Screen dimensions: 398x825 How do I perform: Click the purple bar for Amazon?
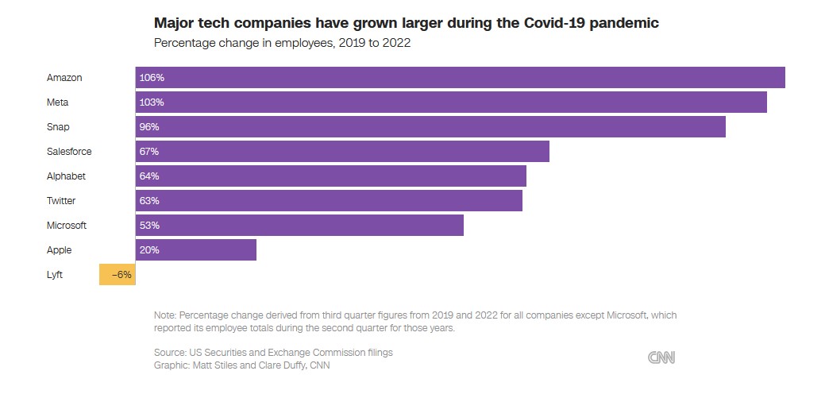click(x=460, y=78)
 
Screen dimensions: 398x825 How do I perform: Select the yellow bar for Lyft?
click(x=117, y=275)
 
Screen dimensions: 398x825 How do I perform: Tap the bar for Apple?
click(x=195, y=250)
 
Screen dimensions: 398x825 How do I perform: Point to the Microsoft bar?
click(x=299, y=226)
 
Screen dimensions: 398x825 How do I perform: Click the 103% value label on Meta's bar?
click(x=151, y=102)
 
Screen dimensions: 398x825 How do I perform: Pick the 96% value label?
click(x=149, y=127)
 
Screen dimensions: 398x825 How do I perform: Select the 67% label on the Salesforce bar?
click(x=149, y=152)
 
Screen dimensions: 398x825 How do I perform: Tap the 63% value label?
click(x=149, y=201)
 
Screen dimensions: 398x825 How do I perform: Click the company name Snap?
click(x=58, y=127)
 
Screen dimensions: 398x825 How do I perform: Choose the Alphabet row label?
click(x=66, y=176)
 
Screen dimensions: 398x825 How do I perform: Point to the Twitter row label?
click(x=61, y=201)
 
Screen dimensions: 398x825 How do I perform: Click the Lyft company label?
click(x=54, y=275)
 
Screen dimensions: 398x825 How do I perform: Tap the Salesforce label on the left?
click(x=69, y=152)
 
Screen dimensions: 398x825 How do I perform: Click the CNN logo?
click(x=661, y=358)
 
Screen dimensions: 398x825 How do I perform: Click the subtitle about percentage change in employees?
click(x=282, y=43)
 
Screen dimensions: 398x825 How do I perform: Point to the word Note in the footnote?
click(x=165, y=315)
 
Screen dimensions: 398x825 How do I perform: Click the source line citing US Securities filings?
click(x=273, y=353)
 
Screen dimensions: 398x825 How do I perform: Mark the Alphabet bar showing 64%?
click(x=330, y=176)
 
